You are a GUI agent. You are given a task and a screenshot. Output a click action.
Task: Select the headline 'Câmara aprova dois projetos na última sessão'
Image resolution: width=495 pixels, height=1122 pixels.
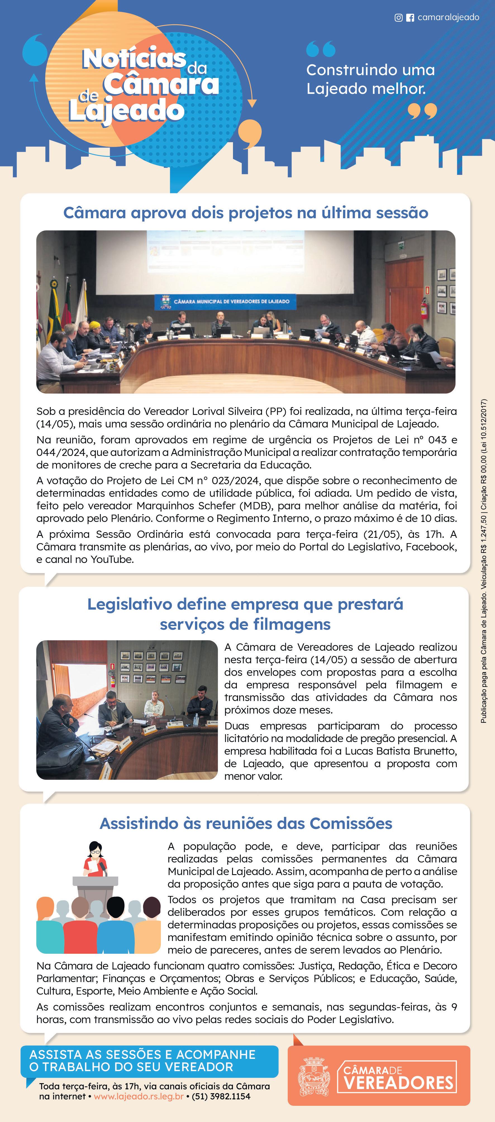tap(246, 213)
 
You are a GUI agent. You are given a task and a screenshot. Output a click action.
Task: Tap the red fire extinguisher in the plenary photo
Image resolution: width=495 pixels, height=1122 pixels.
tap(423, 309)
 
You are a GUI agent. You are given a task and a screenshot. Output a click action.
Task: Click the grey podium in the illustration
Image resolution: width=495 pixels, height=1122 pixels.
tap(95, 881)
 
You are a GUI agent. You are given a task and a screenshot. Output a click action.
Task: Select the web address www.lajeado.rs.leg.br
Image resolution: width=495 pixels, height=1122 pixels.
tap(139, 1096)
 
